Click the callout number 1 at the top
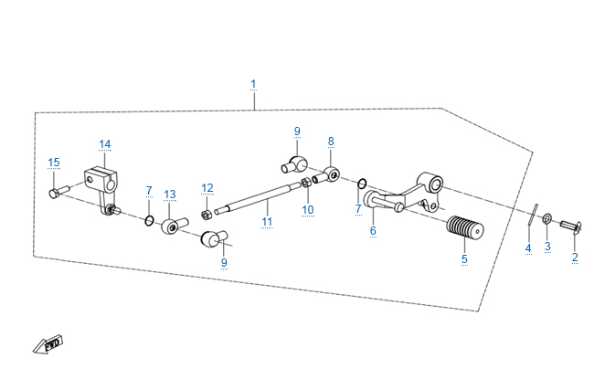pos(253,84)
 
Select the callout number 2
pos(575,258)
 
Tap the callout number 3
pos(547,247)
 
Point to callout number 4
pos(527,248)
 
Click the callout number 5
pos(464,259)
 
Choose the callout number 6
pos(373,231)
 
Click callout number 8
pos(331,142)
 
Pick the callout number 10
pos(308,209)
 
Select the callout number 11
pos(267,221)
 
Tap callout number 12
pos(207,188)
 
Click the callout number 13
pos(169,194)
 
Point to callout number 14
pos(104,144)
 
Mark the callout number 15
pos(54,163)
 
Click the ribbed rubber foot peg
pos(467,229)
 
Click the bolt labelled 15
pos(56,192)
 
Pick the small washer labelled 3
pos(547,219)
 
